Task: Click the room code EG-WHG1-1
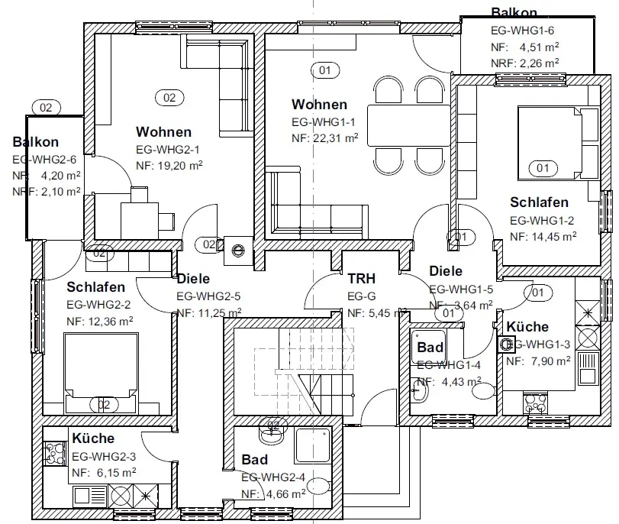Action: [x=324, y=121]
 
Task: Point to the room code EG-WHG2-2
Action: [x=99, y=304]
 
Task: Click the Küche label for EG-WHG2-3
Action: [x=93, y=438]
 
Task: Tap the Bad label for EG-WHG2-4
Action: [x=254, y=460]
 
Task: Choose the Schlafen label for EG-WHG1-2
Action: [x=539, y=202]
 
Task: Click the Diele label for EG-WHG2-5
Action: [x=193, y=279]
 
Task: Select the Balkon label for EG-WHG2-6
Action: [x=35, y=142]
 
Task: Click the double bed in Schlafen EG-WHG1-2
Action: [x=552, y=142]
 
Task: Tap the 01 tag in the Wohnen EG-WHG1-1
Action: [x=325, y=71]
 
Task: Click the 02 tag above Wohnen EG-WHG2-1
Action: [x=169, y=97]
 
